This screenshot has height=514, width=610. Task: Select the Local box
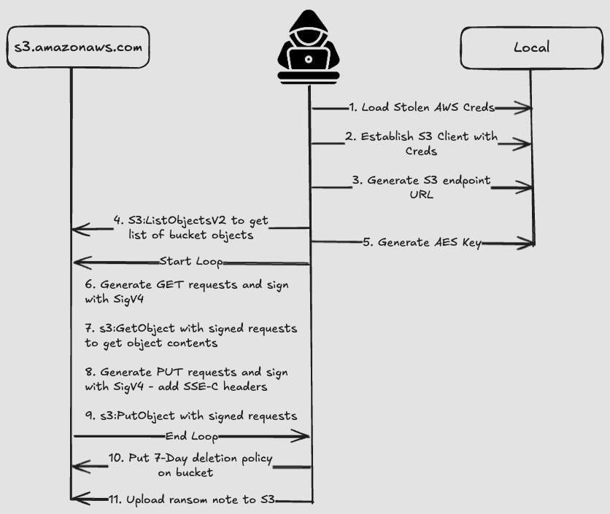tap(530, 48)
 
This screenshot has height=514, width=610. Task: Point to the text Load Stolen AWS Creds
tap(421, 108)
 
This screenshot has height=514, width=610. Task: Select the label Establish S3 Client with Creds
tap(420, 144)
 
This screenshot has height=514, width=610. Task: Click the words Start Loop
tap(191, 261)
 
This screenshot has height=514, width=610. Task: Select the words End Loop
tap(192, 436)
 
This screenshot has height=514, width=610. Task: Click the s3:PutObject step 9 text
tap(191, 416)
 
